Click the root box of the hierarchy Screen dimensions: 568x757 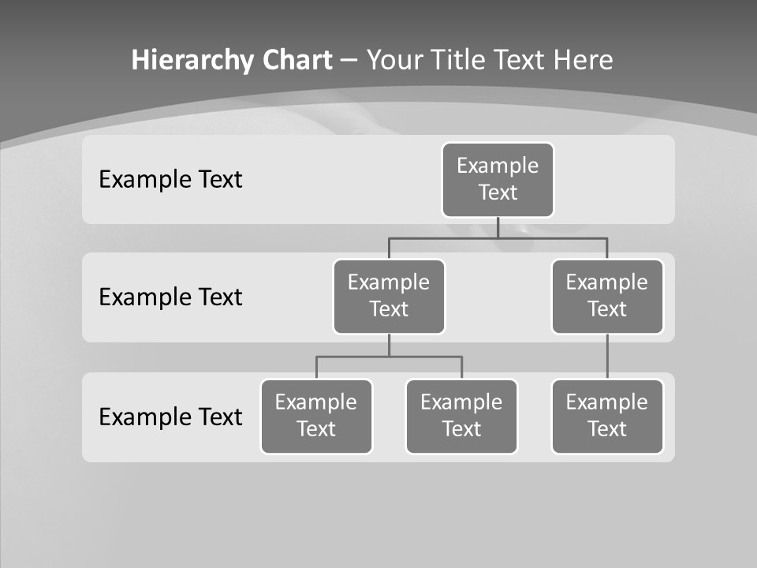click(x=498, y=179)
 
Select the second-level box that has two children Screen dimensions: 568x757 click(x=389, y=296)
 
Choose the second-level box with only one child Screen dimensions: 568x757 click(x=607, y=296)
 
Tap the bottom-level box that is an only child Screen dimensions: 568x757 click(x=607, y=416)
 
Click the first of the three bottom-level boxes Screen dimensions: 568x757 click(x=316, y=416)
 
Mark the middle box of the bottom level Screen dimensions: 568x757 click(x=461, y=416)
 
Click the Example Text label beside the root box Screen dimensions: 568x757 click(x=170, y=179)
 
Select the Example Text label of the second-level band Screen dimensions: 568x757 click(x=170, y=297)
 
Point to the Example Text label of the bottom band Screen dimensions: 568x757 click(x=170, y=417)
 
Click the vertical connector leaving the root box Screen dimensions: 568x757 click(x=498, y=227)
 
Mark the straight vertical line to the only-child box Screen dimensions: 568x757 click(x=607, y=357)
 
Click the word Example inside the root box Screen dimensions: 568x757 click(x=498, y=166)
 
